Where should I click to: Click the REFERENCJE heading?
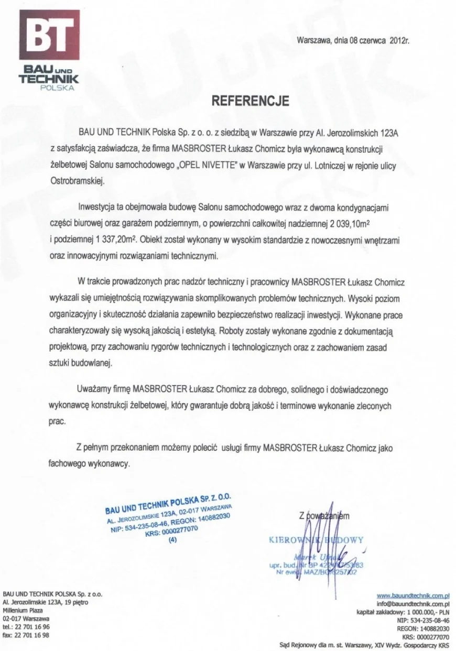249,101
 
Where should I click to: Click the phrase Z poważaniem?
324,515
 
